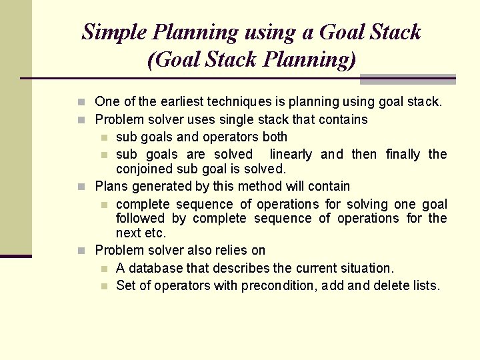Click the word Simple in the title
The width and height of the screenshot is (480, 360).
(114, 32)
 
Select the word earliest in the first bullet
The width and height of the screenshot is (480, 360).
(168, 102)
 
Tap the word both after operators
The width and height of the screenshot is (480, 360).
(274, 137)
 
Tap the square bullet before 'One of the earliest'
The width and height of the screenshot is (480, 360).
(81, 103)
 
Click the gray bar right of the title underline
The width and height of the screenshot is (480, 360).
(407, 79)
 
